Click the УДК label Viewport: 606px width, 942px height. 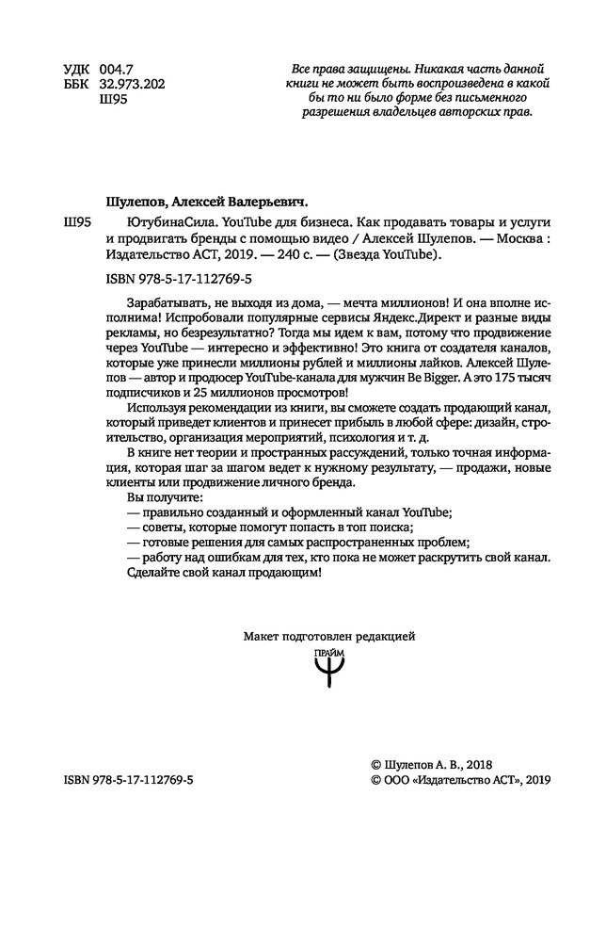[77, 69]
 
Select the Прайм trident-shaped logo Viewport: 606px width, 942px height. [329, 672]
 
